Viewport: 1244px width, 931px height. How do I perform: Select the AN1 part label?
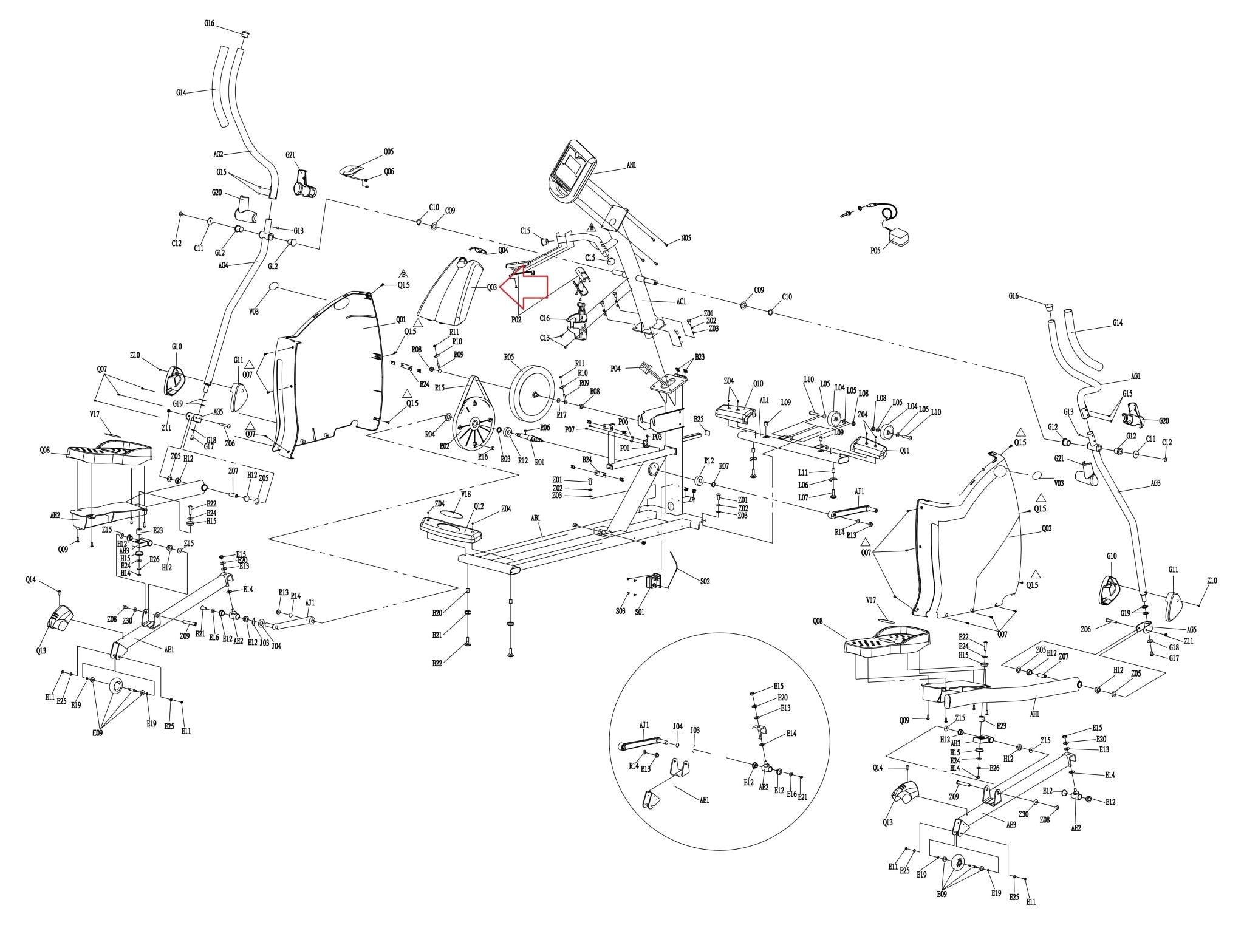click(x=631, y=165)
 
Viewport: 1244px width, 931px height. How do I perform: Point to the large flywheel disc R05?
click(x=533, y=394)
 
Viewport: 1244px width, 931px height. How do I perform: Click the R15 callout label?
click(x=440, y=387)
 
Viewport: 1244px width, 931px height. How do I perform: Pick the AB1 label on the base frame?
click(x=536, y=518)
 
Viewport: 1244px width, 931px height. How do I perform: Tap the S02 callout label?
click(x=705, y=581)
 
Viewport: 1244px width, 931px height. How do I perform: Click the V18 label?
click(x=466, y=494)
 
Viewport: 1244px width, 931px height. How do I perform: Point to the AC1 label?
click(x=680, y=301)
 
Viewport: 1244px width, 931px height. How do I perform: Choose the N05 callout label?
click(x=685, y=239)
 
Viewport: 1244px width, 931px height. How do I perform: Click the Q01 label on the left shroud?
click(x=401, y=319)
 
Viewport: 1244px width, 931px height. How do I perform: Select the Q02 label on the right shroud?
click(x=1046, y=528)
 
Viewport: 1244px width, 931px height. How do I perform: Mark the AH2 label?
click(x=55, y=515)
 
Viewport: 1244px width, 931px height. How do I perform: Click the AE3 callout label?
click(x=1011, y=825)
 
